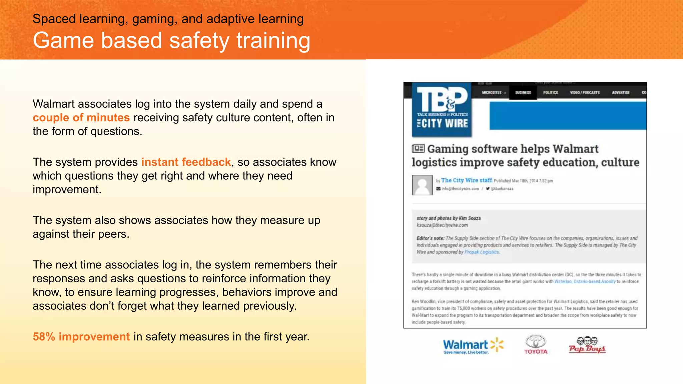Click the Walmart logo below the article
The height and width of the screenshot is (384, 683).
click(x=473, y=346)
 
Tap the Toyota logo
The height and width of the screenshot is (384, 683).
click(x=536, y=345)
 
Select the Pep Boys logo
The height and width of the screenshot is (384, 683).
click(x=587, y=345)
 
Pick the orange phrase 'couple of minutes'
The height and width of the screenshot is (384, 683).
click(x=81, y=118)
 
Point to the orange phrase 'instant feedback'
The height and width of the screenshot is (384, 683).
click(x=186, y=162)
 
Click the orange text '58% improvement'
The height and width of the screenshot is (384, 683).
click(x=81, y=337)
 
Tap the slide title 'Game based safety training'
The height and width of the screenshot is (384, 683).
click(x=171, y=41)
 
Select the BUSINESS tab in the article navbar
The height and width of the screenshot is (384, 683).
click(x=523, y=93)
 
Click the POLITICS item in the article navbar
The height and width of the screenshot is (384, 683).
click(x=550, y=93)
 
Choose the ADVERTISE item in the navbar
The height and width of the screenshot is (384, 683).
click(x=621, y=93)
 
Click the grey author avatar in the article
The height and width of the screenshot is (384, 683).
click(x=422, y=185)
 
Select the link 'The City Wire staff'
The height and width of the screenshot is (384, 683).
click(x=467, y=180)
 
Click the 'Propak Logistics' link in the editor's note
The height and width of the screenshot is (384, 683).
click(x=482, y=252)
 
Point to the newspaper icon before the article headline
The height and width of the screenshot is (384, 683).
click(x=418, y=149)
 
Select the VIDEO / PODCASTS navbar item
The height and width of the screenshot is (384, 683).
click(x=585, y=93)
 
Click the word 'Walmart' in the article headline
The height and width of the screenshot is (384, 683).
click(x=575, y=149)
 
